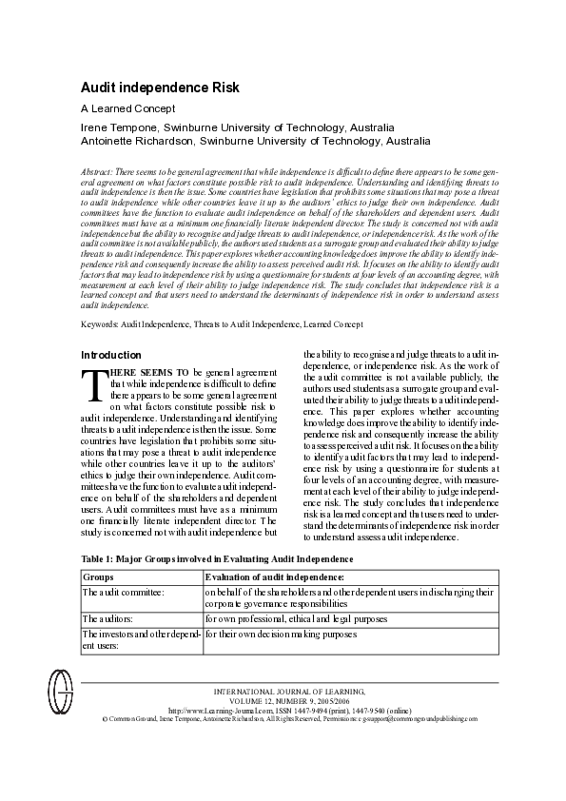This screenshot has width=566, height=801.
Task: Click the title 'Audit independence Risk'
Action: (159, 88)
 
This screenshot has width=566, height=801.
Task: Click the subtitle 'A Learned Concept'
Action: (127, 108)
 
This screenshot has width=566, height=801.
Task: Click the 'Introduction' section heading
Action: (113, 355)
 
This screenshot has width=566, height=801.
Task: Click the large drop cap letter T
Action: (92, 384)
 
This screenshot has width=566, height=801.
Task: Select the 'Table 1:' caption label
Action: (101, 559)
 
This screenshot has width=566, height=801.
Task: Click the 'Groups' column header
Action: (99, 576)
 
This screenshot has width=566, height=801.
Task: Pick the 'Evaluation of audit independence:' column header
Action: (275, 576)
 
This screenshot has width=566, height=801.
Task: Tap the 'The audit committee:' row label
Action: (124, 592)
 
